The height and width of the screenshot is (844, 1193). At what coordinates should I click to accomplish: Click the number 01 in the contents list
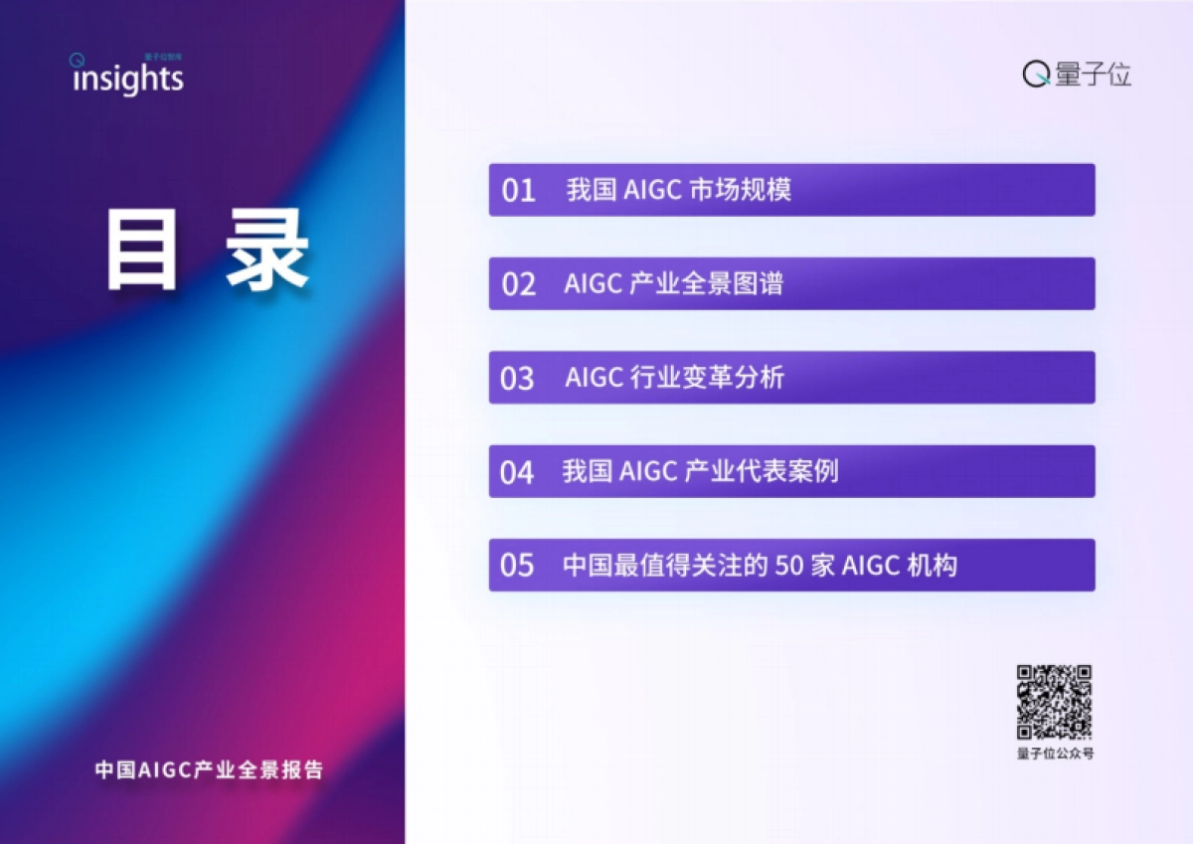coord(518,190)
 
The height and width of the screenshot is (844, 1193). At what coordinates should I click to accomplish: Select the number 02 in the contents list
coord(518,284)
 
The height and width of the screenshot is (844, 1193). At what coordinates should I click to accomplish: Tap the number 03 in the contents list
coord(517,379)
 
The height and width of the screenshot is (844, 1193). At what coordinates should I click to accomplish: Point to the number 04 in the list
coord(517,472)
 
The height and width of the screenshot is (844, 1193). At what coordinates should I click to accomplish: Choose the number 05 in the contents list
coord(517,566)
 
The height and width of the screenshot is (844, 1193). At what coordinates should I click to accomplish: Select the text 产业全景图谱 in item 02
coord(707,283)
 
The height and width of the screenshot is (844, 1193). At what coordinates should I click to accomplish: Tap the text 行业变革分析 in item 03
coord(708,378)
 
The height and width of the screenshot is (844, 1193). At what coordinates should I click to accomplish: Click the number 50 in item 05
coord(787,566)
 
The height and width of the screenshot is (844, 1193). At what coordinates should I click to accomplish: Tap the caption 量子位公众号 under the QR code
coord(1055,755)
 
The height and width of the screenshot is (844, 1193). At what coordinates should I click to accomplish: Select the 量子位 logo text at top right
coord(1094,75)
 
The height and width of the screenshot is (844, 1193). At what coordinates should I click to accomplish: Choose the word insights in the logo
coord(128,80)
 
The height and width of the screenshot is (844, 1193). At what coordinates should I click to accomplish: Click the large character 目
coord(142,253)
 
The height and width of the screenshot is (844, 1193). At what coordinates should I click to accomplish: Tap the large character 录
coord(266,253)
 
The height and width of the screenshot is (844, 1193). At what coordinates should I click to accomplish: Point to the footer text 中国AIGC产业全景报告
coord(209,769)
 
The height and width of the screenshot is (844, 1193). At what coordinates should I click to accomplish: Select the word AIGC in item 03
coord(594,378)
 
